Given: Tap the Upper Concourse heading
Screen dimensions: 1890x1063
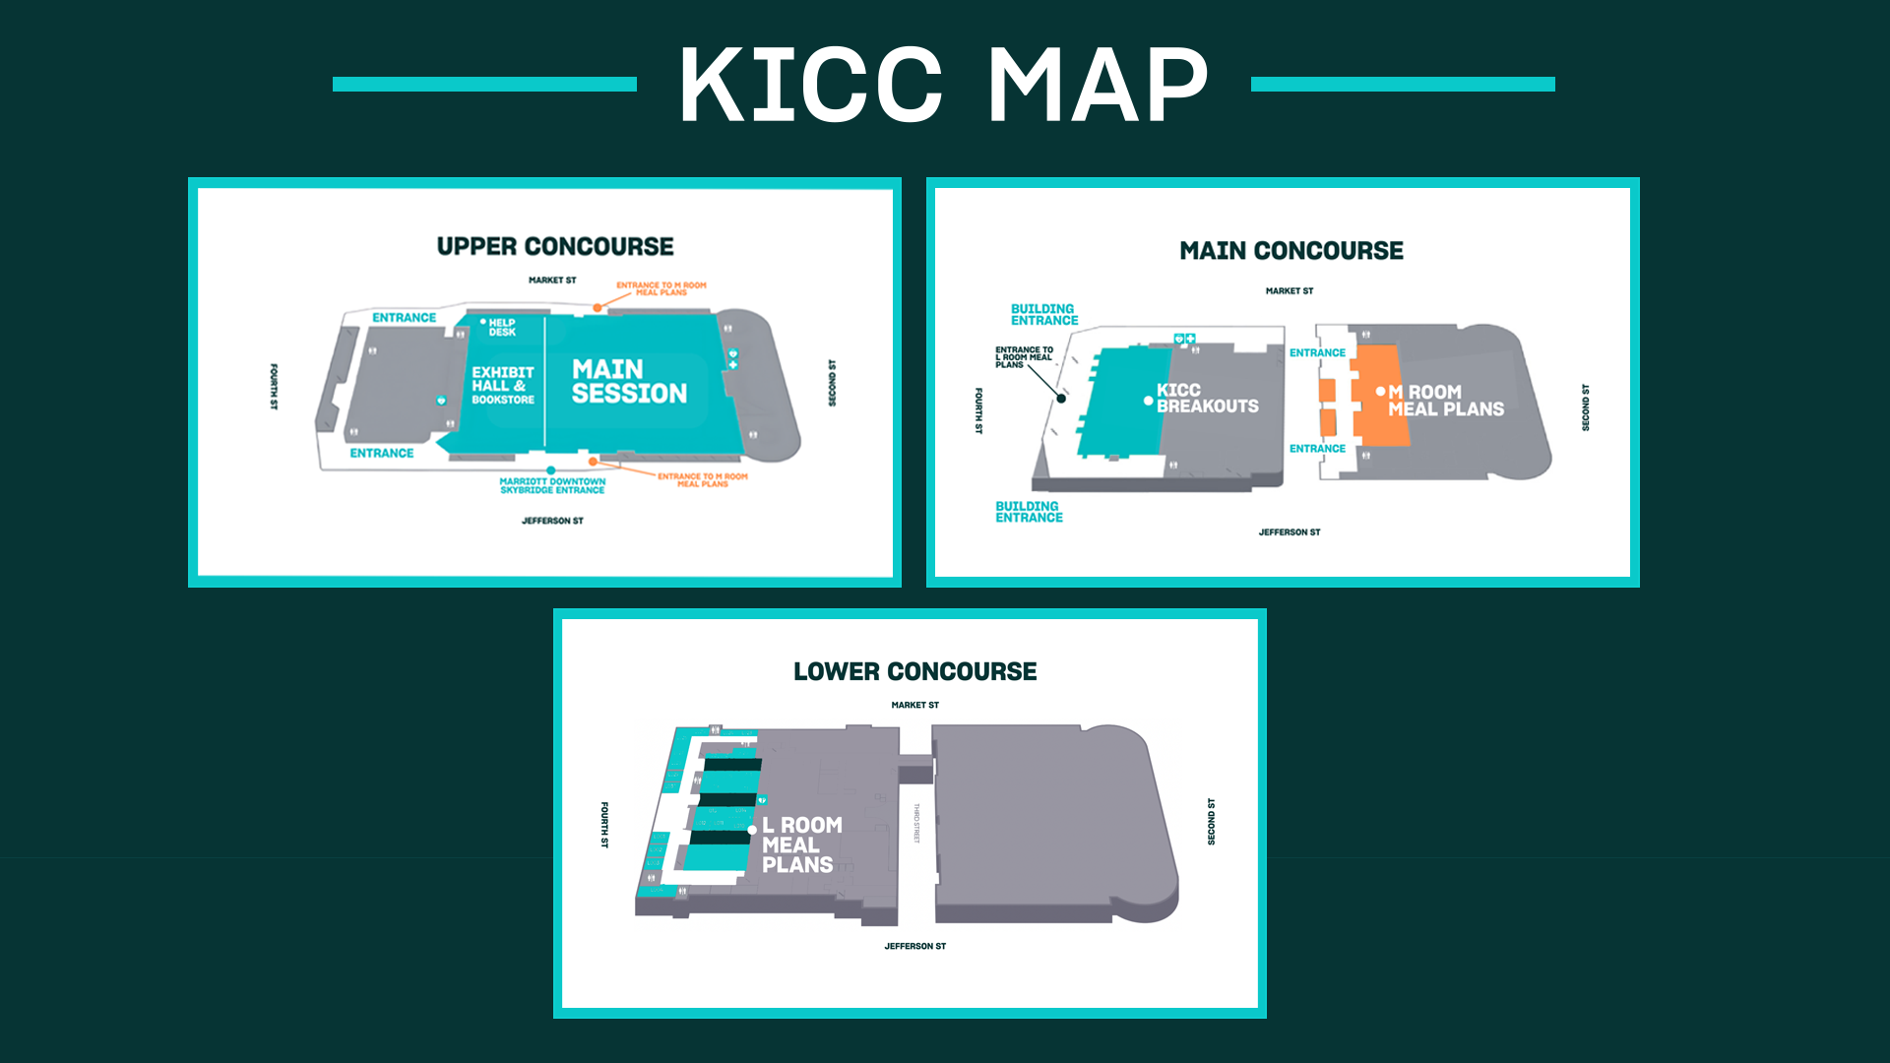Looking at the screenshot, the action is click(x=555, y=246).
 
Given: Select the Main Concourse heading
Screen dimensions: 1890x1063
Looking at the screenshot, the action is click(x=1291, y=251).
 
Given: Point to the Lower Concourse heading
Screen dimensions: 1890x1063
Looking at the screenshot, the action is click(x=914, y=671).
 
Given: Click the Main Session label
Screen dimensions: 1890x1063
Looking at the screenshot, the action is click(x=629, y=382).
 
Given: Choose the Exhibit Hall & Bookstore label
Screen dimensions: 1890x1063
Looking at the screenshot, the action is click(x=503, y=386).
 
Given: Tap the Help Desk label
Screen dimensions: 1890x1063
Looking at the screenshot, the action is click(x=502, y=327).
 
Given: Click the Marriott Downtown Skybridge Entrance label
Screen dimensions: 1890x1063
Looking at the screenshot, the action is click(x=552, y=485).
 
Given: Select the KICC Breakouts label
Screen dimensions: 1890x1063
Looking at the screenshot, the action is click(x=1207, y=399).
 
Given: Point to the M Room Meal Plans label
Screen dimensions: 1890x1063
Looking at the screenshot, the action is click(x=1445, y=401).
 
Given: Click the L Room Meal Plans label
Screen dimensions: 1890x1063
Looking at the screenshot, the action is click(x=801, y=844).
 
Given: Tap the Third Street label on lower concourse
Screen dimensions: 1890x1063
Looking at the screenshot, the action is click(x=916, y=823).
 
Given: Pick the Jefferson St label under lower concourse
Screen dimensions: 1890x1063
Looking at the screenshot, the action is click(x=914, y=946).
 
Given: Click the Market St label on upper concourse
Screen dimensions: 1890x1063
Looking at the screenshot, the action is click(x=552, y=281).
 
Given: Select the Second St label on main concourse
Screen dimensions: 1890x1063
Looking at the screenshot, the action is click(x=1585, y=407).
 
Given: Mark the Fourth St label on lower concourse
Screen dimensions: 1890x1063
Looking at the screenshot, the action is click(x=604, y=825).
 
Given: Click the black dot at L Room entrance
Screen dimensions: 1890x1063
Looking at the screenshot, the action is click(x=1061, y=399).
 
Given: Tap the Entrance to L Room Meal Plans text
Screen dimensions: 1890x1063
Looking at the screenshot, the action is click(x=1024, y=357).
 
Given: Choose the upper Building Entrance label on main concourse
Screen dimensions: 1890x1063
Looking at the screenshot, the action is click(x=1044, y=314).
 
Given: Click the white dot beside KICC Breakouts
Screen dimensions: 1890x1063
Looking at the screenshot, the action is click(x=1148, y=401).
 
